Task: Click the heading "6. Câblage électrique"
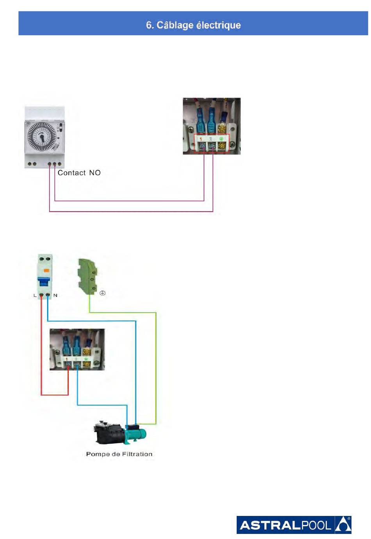click(x=193, y=25)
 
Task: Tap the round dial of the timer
click(x=42, y=137)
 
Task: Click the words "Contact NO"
click(x=79, y=172)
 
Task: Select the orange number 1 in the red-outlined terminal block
click(x=201, y=139)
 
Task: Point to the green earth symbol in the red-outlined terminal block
click(x=221, y=139)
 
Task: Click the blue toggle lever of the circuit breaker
click(x=44, y=281)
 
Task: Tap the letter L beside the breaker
click(x=35, y=295)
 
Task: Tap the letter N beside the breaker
click(x=55, y=295)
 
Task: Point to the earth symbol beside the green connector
click(x=103, y=293)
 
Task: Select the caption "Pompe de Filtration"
click(x=119, y=454)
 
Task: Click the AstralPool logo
click(x=294, y=525)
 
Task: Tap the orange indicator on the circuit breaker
click(x=46, y=270)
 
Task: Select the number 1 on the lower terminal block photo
click(x=66, y=359)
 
